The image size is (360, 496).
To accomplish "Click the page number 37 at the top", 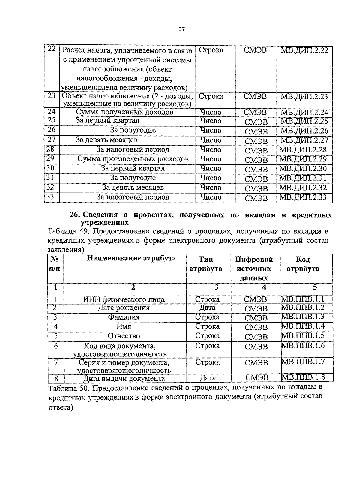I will pyautogui.click(x=181, y=29).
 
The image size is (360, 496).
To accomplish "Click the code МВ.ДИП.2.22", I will pyautogui.click(x=304, y=50).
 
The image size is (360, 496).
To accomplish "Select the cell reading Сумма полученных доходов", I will pyautogui.click(x=124, y=112).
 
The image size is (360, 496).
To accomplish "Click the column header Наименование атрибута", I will pyautogui.click(x=131, y=258).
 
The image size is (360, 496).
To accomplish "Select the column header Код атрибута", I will pyautogui.click(x=303, y=264).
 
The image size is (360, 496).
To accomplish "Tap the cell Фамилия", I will pyautogui.click(x=124, y=317).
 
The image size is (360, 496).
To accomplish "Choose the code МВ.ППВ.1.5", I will pyautogui.click(x=303, y=335).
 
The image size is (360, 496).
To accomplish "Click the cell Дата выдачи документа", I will pyautogui.click(x=124, y=378).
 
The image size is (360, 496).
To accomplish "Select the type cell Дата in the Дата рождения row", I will pyautogui.click(x=207, y=308).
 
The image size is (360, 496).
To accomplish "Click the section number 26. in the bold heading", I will pyautogui.click(x=74, y=215).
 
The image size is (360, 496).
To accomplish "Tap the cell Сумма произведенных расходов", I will pyautogui.click(x=133, y=159).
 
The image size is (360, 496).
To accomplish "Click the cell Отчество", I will pyautogui.click(x=124, y=336).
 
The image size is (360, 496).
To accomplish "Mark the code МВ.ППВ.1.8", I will pyautogui.click(x=303, y=377).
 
